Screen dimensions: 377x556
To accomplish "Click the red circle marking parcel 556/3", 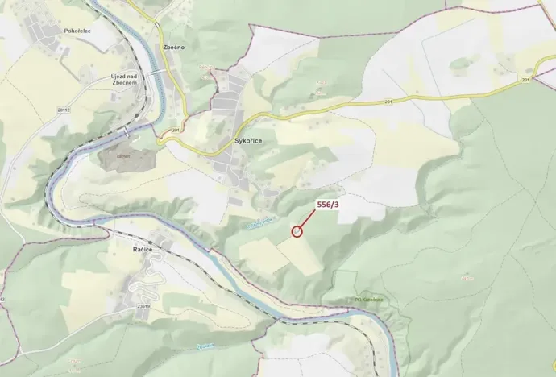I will coord(297,231).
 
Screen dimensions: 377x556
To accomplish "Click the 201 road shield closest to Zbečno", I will coord(176,129).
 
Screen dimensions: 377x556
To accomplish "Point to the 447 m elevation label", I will coord(467,278).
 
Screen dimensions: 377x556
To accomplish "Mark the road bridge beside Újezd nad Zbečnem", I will coord(159,72).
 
